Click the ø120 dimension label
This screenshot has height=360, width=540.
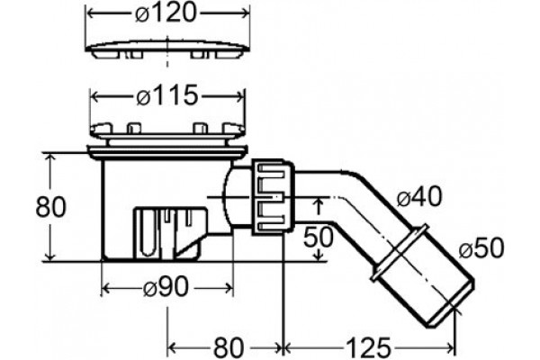[x=166, y=14]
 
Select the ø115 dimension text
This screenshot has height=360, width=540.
[x=167, y=95]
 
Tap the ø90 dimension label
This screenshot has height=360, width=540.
[x=166, y=287]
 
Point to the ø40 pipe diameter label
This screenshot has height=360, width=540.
[x=418, y=197]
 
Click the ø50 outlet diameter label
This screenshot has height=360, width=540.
[x=481, y=247]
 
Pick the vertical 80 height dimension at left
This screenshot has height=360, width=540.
[x=50, y=207]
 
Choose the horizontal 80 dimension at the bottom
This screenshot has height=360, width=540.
[x=229, y=347]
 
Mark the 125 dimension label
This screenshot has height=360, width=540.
[x=368, y=347]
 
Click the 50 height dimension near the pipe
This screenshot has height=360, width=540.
[x=318, y=237]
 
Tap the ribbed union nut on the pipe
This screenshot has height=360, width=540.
[x=273, y=197]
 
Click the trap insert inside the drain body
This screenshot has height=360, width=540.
[x=170, y=232]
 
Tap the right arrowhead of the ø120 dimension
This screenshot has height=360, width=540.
[x=246, y=13]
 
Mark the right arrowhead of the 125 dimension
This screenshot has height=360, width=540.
[x=451, y=348]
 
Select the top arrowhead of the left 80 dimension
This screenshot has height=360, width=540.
[x=50, y=157]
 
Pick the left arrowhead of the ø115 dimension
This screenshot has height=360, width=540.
[x=94, y=96]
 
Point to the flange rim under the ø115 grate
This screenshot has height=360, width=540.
[x=167, y=151]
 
